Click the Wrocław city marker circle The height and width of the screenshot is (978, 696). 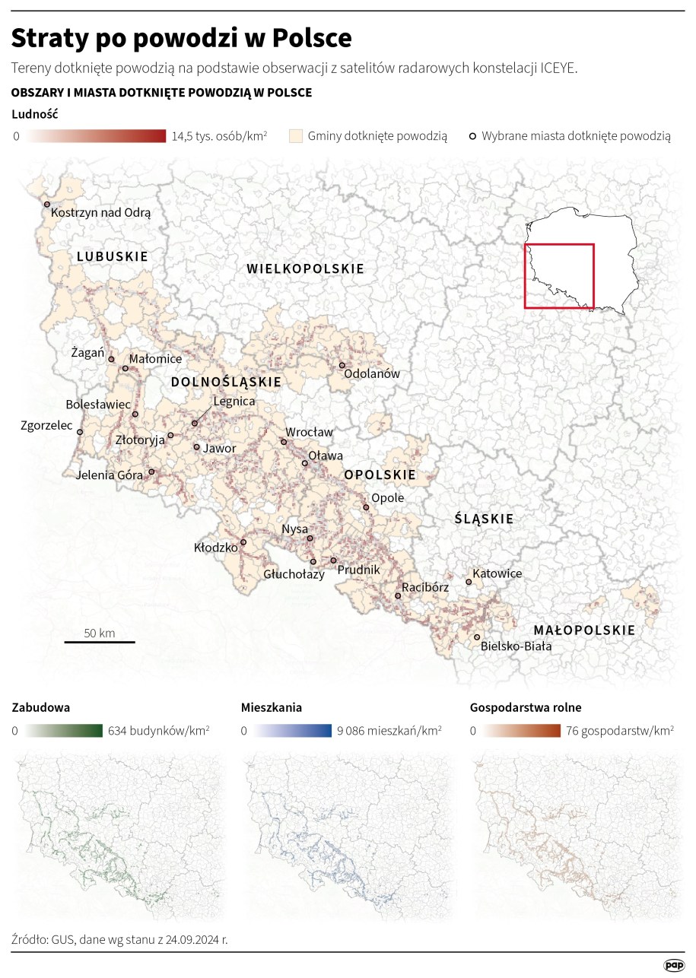click(284, 442)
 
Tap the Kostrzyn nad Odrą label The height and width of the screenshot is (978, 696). click(101, 214)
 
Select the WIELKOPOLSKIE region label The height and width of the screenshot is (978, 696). click(306, 268)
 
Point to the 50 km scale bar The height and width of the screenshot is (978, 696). click(100, 642)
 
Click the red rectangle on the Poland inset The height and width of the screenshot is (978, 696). click(559, 276)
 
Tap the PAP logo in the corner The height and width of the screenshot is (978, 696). click(673, 964)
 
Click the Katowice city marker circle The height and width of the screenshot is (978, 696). click(469, 583)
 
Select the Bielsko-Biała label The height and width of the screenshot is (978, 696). click(516, 646)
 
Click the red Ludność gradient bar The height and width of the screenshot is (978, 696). click(95, 136)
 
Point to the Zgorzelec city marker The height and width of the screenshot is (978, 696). click(80, 432)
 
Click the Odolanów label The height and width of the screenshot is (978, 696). click(372, 374)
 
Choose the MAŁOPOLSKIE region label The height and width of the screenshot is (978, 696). click(584, 630)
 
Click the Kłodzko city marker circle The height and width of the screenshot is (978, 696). click(244, 543)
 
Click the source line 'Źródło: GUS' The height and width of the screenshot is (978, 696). click(120, 939)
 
